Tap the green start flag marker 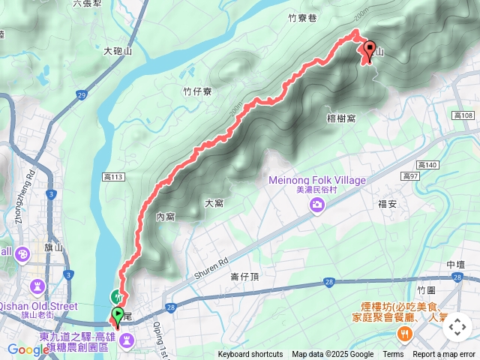(118, 314)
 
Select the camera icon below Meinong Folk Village (318, 204)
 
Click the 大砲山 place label (118, 51)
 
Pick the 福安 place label (388, 203)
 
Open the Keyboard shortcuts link (250, 355)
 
